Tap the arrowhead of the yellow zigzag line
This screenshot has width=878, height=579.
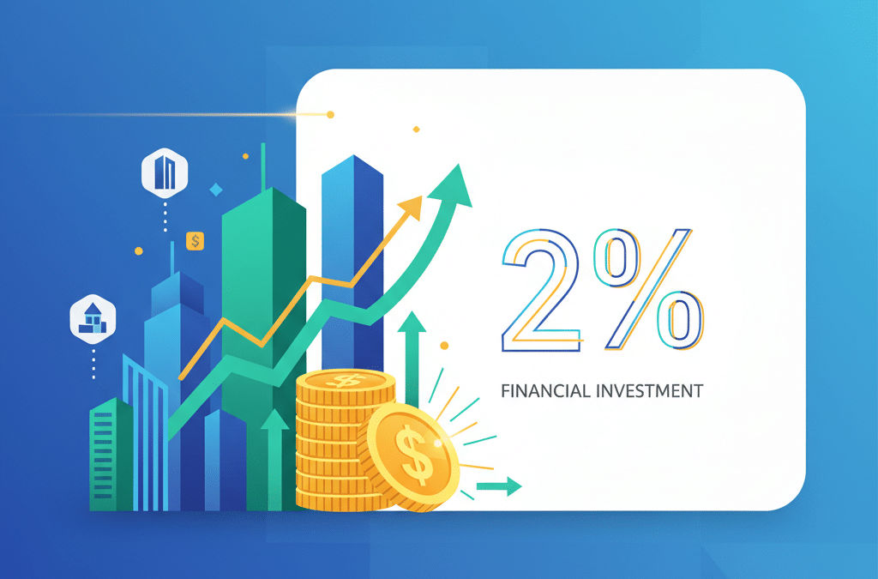pos(412,207)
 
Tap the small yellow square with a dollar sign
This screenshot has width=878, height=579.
pos(195,241)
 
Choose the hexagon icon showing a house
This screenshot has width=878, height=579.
pos(91,319)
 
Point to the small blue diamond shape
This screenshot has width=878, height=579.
pos(216,189)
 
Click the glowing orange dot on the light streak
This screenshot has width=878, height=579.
pos(330,114)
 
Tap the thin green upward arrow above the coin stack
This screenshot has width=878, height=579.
pos(412,343)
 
